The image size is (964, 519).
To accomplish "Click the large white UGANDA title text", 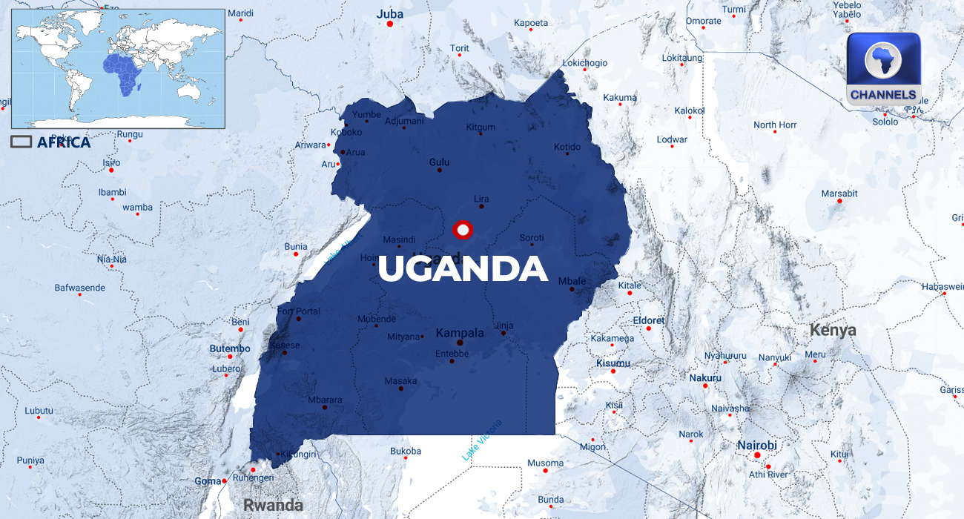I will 463,269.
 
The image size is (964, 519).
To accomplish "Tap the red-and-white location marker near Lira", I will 463,231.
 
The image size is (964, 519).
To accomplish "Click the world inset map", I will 117,68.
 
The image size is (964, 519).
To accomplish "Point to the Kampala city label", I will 460,333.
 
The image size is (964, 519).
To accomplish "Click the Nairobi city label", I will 756,445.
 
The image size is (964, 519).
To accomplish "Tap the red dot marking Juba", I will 390,24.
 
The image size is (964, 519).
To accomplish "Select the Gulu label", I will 439,162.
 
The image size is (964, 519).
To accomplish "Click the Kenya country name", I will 832,330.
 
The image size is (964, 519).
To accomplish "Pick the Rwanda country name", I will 273,505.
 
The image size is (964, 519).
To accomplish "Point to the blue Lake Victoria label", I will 482,440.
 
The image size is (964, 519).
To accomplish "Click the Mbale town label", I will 572,281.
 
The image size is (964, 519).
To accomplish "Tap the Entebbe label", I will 452,354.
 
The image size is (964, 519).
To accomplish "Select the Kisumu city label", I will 613,363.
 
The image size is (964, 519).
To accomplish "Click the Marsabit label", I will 839,194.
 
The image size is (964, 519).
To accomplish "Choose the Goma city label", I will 208,481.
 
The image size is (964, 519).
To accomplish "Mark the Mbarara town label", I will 325,400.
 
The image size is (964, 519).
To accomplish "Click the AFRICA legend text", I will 64,142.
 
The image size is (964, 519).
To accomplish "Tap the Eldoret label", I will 649,320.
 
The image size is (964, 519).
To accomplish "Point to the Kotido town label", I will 567,147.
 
